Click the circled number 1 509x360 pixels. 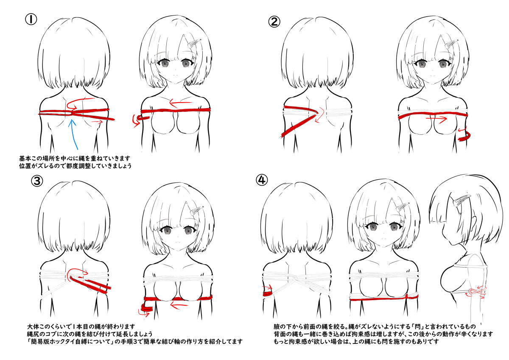(x=31, y=20)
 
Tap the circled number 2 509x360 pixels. (x=274, y=22)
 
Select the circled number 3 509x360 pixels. (x=37, y=181)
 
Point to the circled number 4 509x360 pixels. (x=262, y=180)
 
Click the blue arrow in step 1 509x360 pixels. (x=74, y=134)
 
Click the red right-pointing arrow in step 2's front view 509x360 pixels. (x=436, y=119)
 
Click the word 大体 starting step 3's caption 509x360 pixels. (x=33, y=327)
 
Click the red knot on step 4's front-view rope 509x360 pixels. (x=406, y=296)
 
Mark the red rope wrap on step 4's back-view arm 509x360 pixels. (x=268, y=293)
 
